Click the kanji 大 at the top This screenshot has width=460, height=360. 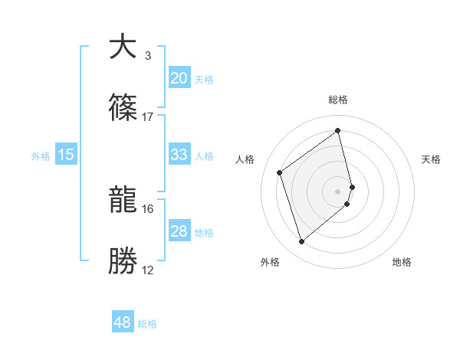point(123,47)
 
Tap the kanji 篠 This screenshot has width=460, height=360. point(123,108)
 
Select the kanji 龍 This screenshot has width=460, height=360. point(123,201)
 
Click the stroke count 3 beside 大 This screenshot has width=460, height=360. point(148,56)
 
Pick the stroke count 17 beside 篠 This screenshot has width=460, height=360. point(148,116)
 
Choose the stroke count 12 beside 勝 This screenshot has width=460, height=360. point(148,270)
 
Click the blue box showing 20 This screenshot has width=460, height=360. point(179,78)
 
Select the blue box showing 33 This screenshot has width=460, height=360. point(179,155)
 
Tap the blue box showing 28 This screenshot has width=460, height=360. point(179,231)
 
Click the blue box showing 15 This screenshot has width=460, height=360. point(66,155)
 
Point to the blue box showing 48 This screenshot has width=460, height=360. point(123,322)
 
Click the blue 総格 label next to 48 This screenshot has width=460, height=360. point(147,324)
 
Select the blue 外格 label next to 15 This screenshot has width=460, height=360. point(41,156)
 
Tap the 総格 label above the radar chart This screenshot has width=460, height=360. point(338,100)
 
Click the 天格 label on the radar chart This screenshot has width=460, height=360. point(432,159)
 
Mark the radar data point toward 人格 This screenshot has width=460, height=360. point(280,173)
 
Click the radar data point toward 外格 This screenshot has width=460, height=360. point(301,242)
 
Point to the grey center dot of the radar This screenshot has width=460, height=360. point(338,191)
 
